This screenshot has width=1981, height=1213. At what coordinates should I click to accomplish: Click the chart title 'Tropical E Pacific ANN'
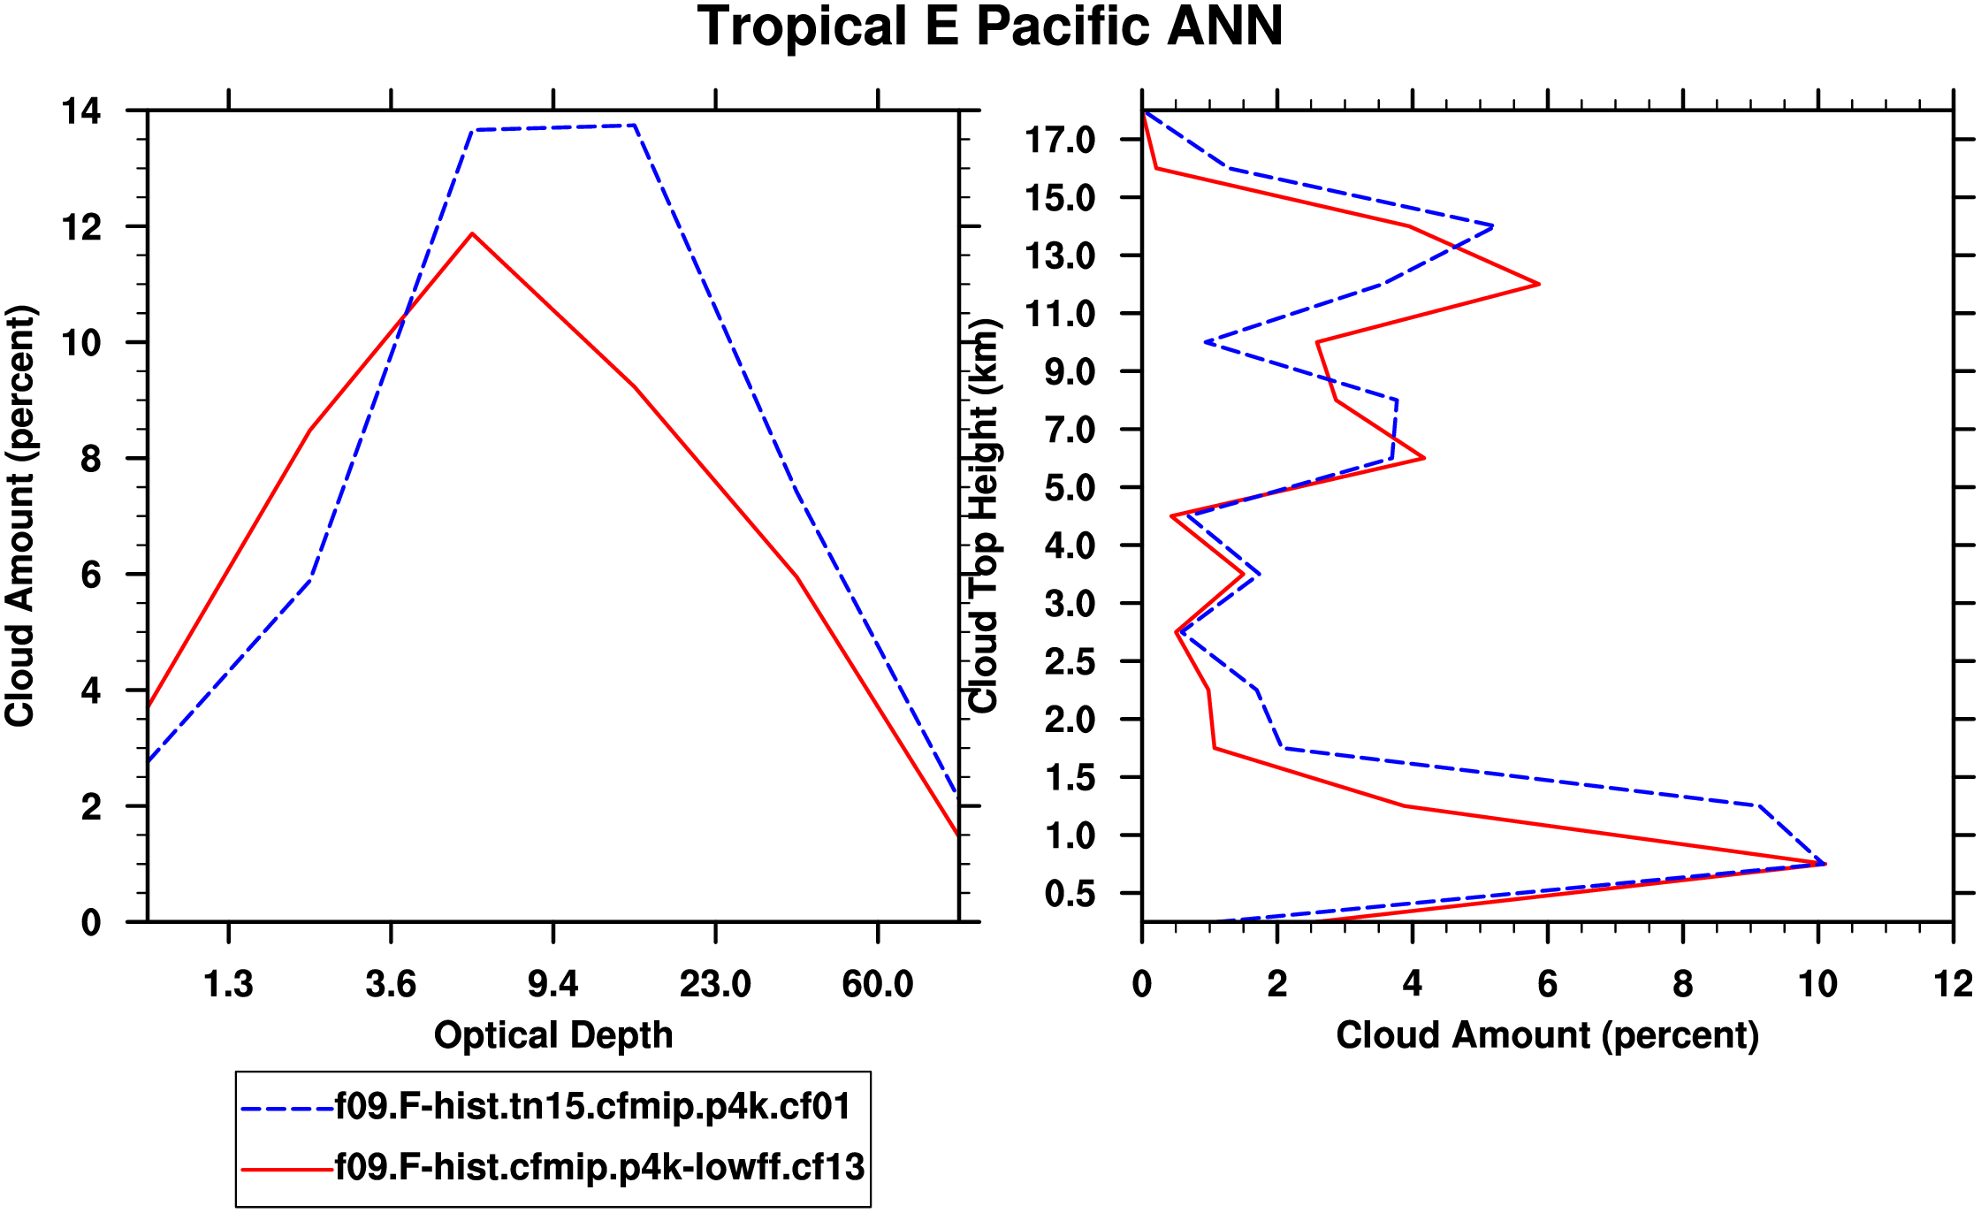click(990, 27)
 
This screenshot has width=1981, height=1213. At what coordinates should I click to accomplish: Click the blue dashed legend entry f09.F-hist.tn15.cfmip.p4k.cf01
click(592, 1107)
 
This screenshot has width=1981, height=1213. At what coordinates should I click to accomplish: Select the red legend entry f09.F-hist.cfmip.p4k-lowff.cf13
click(599, 1168)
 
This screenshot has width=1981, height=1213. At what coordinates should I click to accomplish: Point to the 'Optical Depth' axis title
click(553, 1034)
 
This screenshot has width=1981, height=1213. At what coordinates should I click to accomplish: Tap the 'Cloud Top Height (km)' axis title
click(984, 515)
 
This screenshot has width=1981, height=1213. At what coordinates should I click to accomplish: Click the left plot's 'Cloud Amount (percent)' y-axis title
click(19, 516)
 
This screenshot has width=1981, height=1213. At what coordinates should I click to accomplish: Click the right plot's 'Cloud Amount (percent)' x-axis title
click(1547, 1034)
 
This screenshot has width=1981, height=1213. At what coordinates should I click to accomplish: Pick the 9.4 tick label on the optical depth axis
click(553, 983)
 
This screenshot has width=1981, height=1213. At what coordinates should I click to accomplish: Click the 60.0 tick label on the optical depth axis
click(877, 983)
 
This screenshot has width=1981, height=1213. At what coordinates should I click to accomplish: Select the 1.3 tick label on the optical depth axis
click(228, 983)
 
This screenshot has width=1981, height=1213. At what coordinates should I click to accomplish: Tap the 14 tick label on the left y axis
click(80, 111)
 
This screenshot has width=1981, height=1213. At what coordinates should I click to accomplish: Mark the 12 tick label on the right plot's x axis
click(1952, 983)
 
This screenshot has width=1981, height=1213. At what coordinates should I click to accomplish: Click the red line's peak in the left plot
click(472, 234)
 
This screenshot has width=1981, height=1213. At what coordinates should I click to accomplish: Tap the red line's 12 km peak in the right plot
click(1539, 284)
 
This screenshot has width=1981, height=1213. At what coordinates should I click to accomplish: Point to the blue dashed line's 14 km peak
click(1492, 226)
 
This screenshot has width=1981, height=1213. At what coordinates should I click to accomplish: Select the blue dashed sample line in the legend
click(286, 1108)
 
